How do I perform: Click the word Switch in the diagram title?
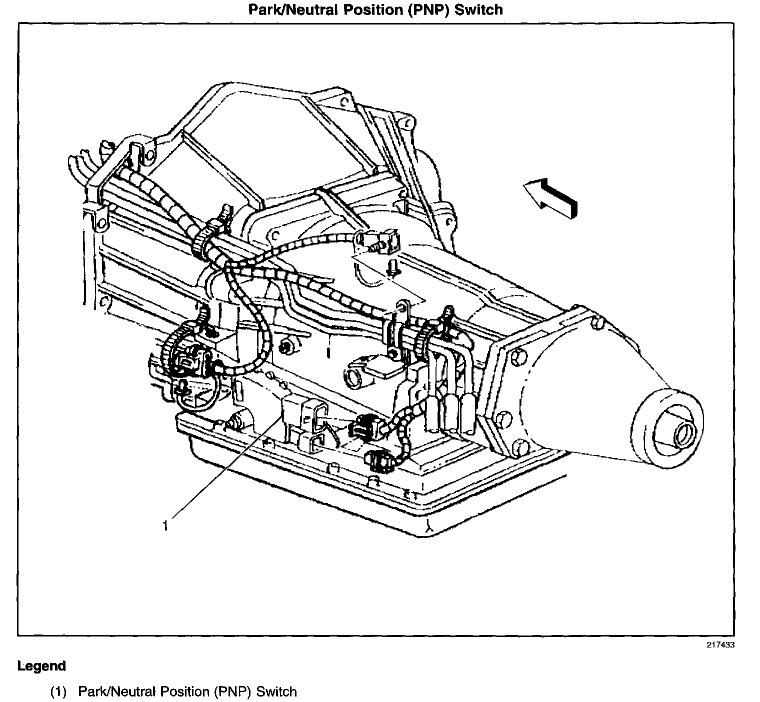tap(478, 9)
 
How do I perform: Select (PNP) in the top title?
tap(428, 9)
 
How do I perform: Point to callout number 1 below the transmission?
tap(165, 525)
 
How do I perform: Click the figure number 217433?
tap(720, 644)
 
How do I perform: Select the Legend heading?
tap(41, 666)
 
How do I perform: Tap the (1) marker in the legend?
tap(58, 691)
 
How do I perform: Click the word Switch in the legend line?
tap(276, 691)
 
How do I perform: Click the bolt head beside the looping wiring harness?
tap(287, 346)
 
